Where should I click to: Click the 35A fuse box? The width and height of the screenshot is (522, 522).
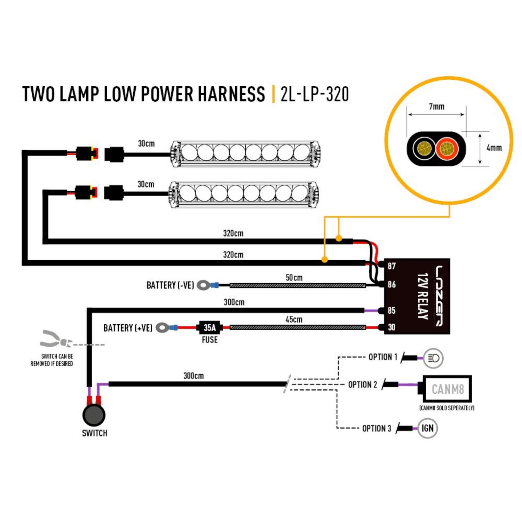click(x=209, y=327)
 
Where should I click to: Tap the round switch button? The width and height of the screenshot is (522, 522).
click(x=94, y=415)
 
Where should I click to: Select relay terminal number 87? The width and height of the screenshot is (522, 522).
click(x=391, y=266)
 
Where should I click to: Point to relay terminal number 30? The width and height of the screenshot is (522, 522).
click(x=391, y=327)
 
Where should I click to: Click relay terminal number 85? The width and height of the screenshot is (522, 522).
click(x=391, y=310)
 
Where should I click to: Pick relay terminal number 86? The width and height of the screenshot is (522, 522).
click(x=391, y=284)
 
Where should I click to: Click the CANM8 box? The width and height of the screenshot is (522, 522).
click(x=447, y=389)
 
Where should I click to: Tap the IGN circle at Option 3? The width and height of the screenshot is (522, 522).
click(x=427, y=428)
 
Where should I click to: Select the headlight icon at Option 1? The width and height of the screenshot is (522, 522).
click(x=433, y=358)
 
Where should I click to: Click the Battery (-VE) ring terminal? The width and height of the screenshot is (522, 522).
click(x=203, y=285)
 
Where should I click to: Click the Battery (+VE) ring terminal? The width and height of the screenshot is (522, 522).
click(x=162, y=327)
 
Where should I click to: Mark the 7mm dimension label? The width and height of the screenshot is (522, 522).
click(x=436, y=106)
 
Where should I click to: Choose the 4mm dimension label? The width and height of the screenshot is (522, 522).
click(x=494, y=148)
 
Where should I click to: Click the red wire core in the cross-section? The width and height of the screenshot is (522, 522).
click(x=447, y=149)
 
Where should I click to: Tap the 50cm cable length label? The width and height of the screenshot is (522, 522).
click(x=294, y=278)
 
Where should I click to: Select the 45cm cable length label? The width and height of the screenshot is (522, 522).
click(x=294, y=319)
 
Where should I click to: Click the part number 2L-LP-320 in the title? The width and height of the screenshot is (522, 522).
click(x=315, y=94)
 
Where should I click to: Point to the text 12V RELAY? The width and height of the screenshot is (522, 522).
click(x=422, y=296)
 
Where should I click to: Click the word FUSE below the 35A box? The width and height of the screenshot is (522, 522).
click(x=209, y=340)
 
